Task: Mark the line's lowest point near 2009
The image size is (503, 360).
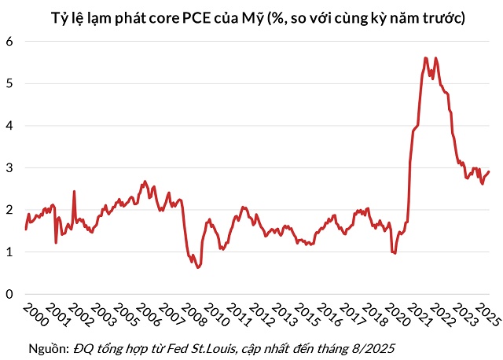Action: [x=198, y=267]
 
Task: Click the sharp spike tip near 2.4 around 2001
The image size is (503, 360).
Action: [x=74, y=191]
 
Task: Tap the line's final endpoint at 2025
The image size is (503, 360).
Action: [x=489, y=172]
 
